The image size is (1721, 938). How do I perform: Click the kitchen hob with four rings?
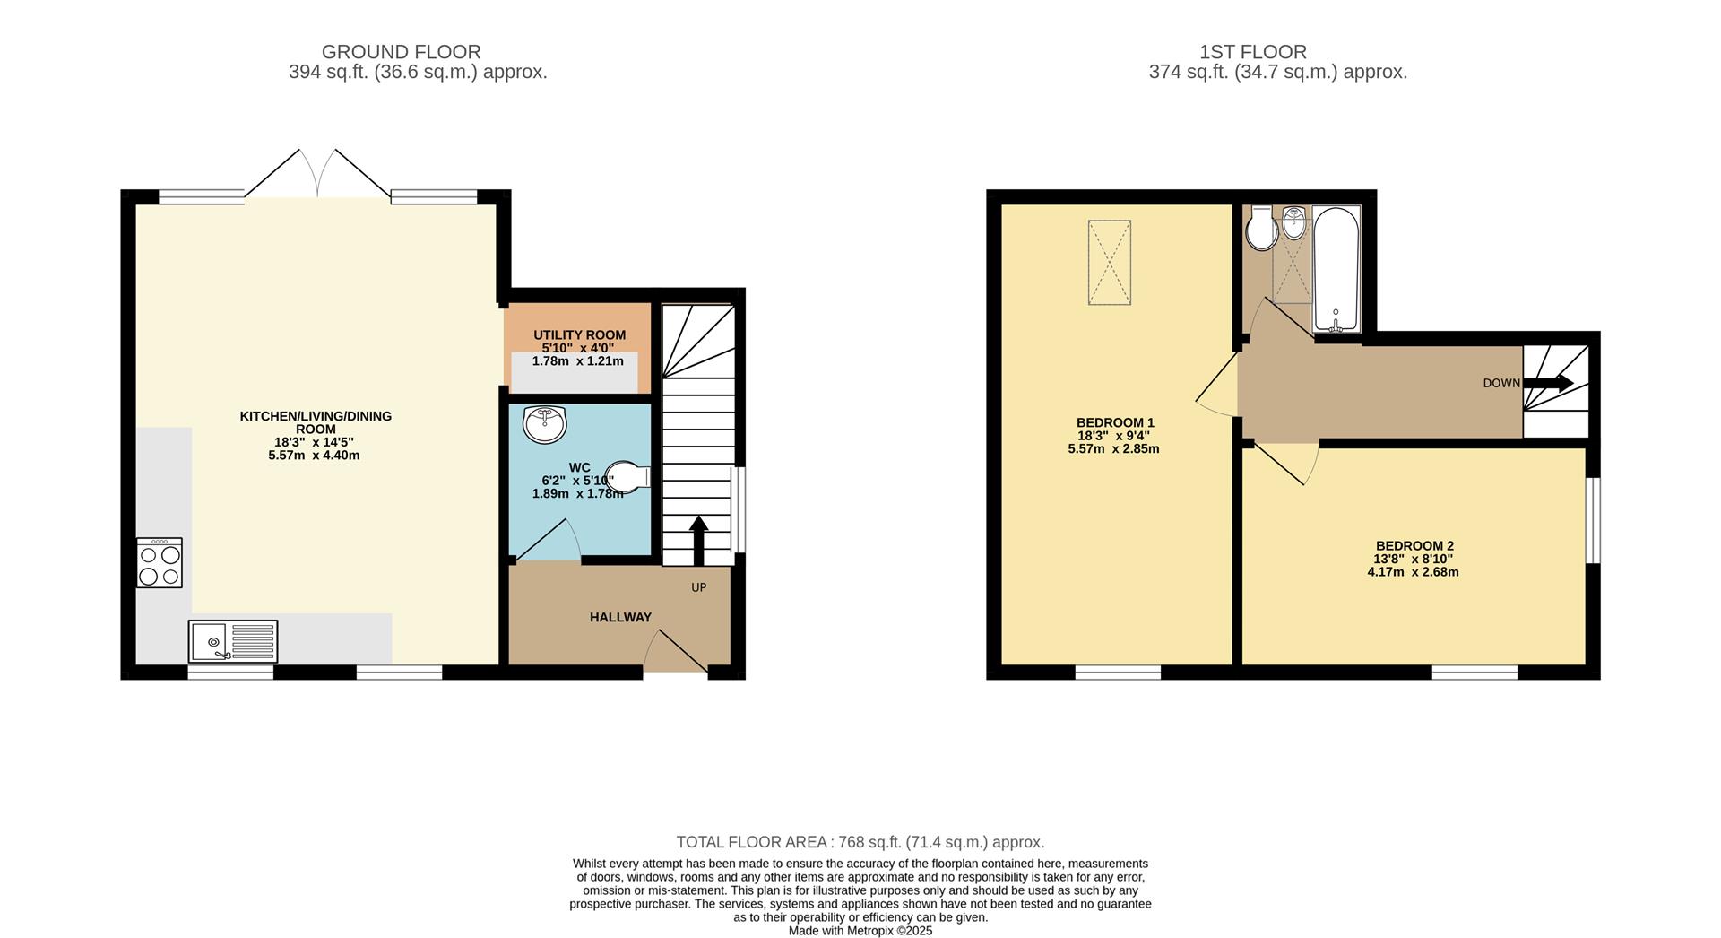click(160, 562)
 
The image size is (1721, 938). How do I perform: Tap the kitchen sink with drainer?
click(233, 641)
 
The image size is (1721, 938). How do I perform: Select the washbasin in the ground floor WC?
click(546, 424)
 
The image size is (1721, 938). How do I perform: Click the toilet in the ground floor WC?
click(628, 477)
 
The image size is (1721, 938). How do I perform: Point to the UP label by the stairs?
click(699, 587)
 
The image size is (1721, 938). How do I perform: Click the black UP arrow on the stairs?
click(698, 540)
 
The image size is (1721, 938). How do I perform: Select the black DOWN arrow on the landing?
click(1548, 383)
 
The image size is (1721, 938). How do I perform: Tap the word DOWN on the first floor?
click(1501, 383)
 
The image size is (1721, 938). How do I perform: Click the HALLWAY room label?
click(620, 617)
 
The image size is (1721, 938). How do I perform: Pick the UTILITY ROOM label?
click(580, 335)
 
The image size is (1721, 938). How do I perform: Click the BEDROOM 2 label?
click(1414, 545)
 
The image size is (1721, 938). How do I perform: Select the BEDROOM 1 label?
click(1115, 422)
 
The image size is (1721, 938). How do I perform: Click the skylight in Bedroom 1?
click(1110, 264)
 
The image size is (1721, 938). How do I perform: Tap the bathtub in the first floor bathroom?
click(1336, 270)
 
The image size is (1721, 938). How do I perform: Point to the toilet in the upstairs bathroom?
click(1261, 228)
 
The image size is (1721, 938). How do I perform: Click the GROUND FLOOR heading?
click(401, 52)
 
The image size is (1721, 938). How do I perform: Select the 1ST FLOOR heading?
click(1252, 52)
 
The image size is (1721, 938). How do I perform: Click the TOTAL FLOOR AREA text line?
click(860, 842)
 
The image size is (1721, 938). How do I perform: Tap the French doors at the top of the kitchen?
click(317, 173)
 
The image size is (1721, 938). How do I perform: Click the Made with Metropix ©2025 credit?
click(860, 931)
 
